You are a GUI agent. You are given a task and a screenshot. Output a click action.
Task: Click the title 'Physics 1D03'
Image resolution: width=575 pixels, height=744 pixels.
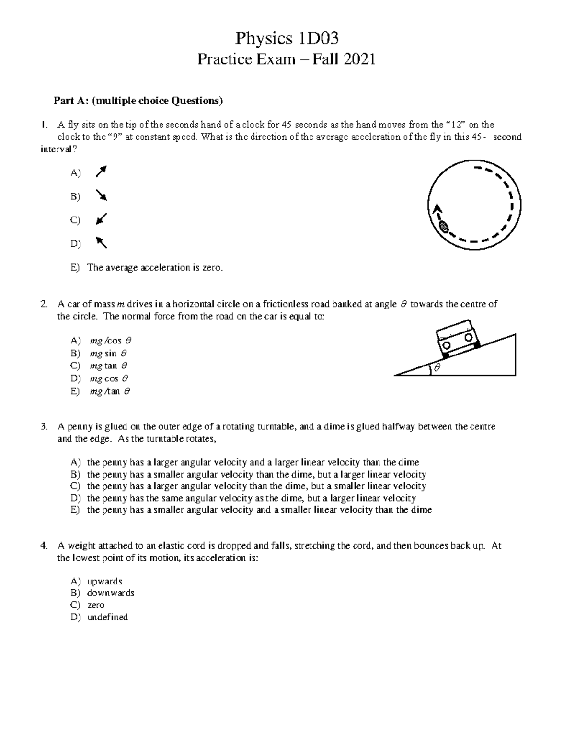(x=287, y=38)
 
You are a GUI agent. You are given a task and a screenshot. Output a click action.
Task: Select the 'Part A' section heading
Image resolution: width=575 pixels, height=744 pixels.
(x=138, y=101)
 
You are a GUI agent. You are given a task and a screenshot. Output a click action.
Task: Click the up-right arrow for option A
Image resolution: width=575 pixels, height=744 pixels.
(x=101, y=172)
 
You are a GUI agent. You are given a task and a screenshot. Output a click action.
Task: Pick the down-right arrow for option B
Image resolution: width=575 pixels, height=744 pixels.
(x=101, y=195)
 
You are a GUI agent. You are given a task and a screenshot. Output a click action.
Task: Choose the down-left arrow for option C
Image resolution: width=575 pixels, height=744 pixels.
(x=101, y=219)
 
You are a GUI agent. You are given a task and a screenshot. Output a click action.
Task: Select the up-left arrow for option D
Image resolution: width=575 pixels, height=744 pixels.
(x=101, y=242)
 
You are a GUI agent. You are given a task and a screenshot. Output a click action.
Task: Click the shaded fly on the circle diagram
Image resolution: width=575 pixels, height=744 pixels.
(x=444, y=227)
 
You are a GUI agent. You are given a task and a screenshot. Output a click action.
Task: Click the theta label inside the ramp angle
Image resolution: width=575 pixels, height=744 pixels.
(x=437, y=368)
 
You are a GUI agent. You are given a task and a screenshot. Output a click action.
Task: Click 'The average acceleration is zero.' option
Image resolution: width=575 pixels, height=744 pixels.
(x=155, y=268)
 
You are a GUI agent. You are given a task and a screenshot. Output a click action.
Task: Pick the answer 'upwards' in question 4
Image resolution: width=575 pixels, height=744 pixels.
(x=104, y=581)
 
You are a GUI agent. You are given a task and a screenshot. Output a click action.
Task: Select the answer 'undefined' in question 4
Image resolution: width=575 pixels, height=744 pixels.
(x=107, y=617)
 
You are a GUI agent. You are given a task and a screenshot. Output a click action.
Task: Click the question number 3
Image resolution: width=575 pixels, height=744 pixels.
(x=44, y=426)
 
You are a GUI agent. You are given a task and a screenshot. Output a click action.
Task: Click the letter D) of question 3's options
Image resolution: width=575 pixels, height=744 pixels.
(x=75, y=498)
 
